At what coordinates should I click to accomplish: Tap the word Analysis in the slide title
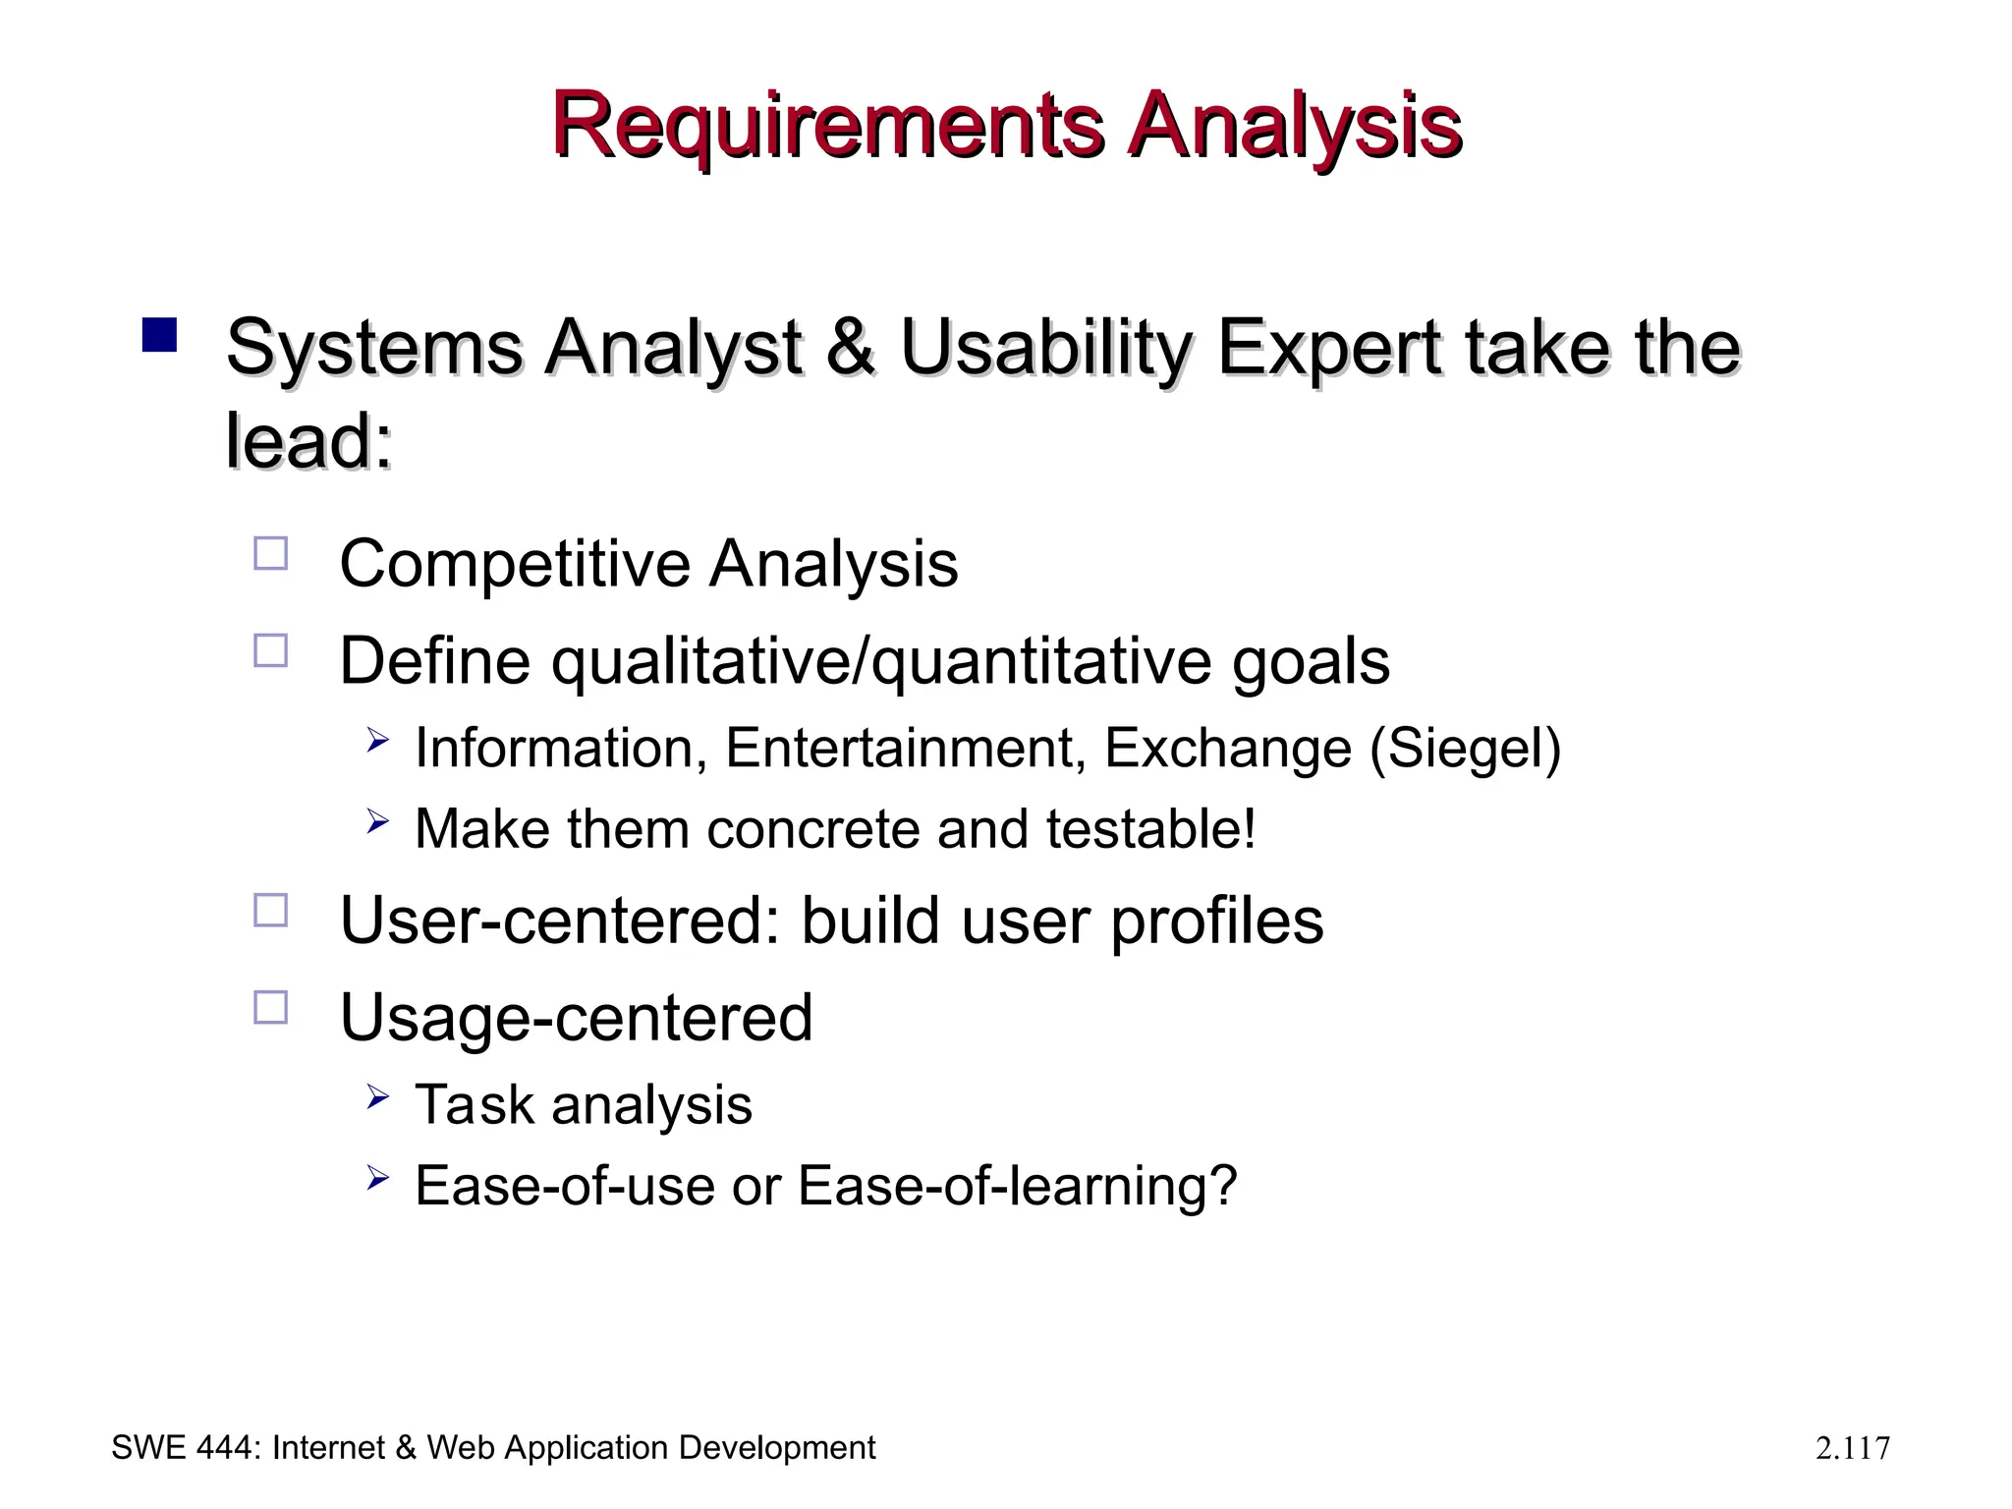1294,126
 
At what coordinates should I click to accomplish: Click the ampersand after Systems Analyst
851,348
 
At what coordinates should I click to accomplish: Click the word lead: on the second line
308,441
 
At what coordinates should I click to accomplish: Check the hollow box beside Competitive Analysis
271,554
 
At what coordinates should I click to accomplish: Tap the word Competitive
515,564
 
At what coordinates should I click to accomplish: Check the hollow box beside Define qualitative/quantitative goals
271,650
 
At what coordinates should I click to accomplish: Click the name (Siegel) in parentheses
1465,749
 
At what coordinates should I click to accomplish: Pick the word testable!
1150,828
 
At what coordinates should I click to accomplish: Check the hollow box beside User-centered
271,910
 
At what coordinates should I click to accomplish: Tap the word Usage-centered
576,1018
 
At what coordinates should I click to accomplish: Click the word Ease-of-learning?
1017,1186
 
